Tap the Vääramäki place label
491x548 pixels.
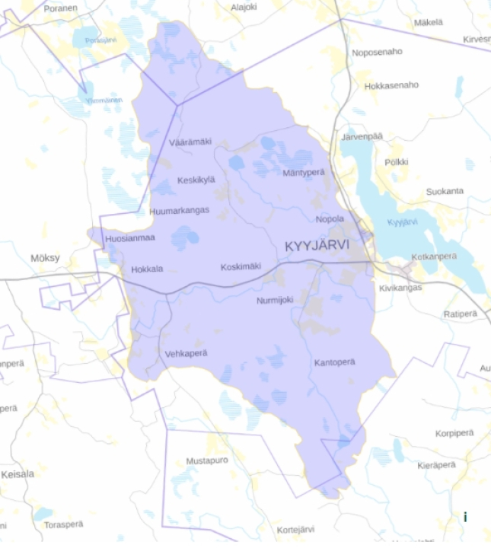pyautogui.click(x=190, y=142)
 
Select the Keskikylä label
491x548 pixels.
pyautogui.click(x=196, y=180)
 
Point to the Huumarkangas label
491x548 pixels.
pyautogui.click(x=180, y=211)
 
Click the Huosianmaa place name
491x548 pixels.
pyautogui.click(x=130, y=238)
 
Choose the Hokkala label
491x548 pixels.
pyautogui.click(x=147, y=269)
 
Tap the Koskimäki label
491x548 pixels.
pyautogui.click(x=241, y=266)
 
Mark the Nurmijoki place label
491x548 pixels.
pyautogui.click(x=275, y=300)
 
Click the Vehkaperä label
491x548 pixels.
pyautogui.click(x=186, y=354)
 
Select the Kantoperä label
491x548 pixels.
pyautogui.click(x=335, y=363)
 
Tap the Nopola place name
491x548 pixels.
pyautogui.click(x=330, y=219)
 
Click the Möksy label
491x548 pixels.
pyautogui.click(x=45, y=258)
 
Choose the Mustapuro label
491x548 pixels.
pyautogui.click(x=207, y=461)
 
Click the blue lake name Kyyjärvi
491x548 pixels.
pyautogui.click(x=403, y=223)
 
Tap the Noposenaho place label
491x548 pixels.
pyautogui.click(x=377, y=52)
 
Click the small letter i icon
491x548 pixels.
pyautogui.click(x=465, y=518)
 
